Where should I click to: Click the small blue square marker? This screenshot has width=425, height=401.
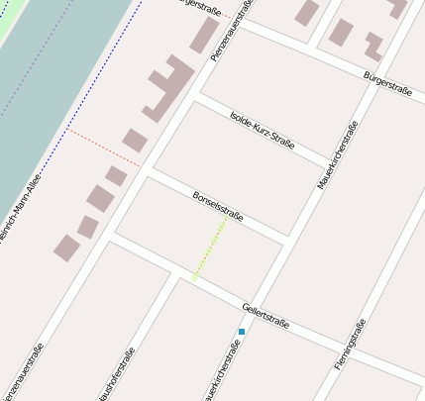(241, 332)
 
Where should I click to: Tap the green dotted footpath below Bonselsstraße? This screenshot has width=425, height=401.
(210, 249)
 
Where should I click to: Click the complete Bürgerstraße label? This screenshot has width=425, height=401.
(387, 82)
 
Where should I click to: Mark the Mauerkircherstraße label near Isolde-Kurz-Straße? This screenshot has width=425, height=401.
(337, 155)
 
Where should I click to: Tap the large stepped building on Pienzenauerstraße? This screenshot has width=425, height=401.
(169, 86)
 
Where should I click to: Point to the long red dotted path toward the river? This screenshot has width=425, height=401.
(103, 146)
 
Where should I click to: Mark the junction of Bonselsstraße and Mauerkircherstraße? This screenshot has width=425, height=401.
(286, 243)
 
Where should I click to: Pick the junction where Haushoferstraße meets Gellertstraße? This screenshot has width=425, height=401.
(175, 272)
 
